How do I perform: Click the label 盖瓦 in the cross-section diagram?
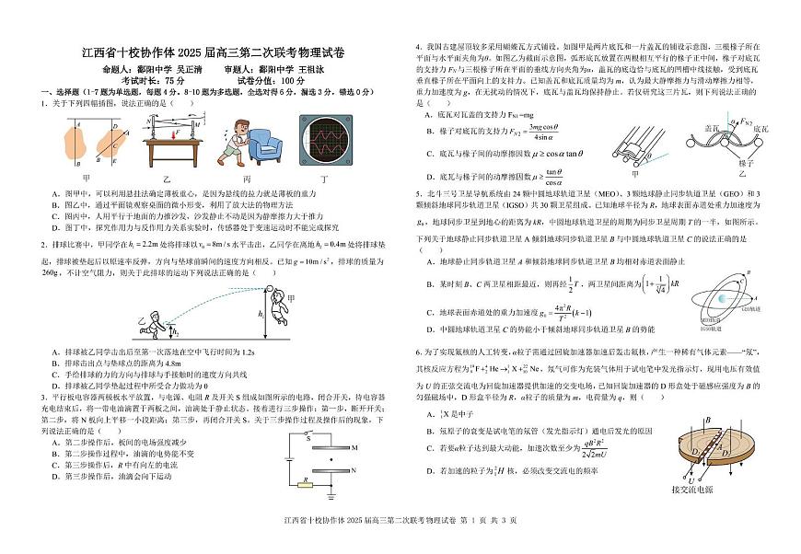click(x=710, y=129)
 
